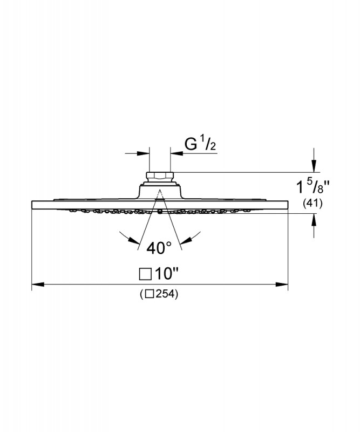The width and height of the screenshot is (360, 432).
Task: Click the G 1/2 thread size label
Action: point(200,145)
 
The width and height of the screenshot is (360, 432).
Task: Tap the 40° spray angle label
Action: point(159,248)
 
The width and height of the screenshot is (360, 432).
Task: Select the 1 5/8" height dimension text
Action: point(313,186)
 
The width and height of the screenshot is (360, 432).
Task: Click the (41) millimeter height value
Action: point(313,204)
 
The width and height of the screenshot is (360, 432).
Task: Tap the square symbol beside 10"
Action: point(145,274)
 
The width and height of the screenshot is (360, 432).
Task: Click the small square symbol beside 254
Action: point(150,294)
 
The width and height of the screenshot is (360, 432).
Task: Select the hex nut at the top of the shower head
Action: point(160,176)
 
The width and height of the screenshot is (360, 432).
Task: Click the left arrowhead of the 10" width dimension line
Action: point(38,284)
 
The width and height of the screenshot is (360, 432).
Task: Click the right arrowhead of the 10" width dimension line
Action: point(282,284)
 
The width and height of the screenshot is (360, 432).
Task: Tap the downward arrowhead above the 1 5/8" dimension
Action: point(314,166)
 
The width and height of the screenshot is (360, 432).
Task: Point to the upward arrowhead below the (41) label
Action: point(314,220)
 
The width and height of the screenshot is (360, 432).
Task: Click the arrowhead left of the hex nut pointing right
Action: point(143,153)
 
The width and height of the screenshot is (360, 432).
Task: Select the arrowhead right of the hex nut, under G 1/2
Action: point(176,153)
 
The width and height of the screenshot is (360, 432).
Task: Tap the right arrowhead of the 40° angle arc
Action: point(186,240)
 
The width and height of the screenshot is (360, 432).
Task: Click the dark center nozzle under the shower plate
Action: point(160,212)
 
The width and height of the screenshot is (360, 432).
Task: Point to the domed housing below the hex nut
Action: point(160,192)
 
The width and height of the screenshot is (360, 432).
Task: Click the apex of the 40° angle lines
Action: point(160,190)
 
